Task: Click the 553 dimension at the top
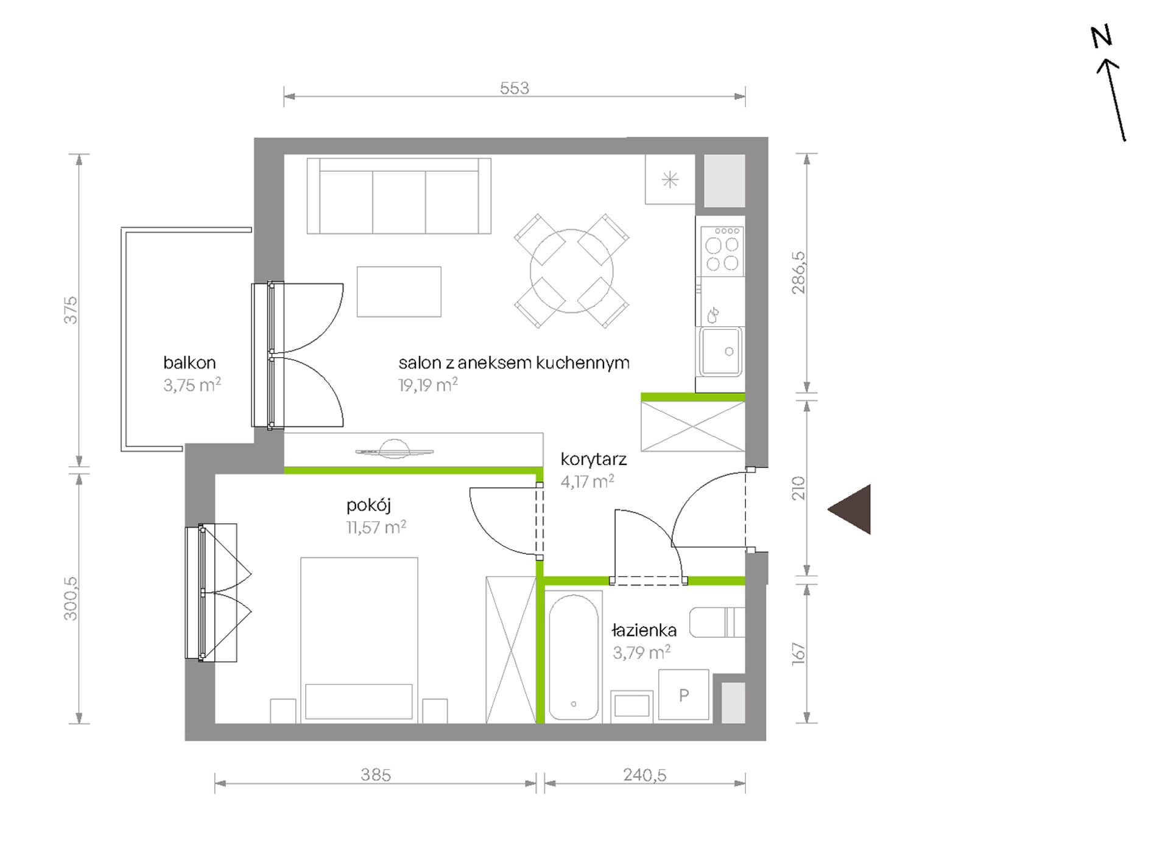[x=515, y=88]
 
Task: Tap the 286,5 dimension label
[x=798, y=273]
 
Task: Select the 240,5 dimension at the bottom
[x=645, y=775]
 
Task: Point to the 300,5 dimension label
[x=71, y=598]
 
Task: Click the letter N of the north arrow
[x=1101, y=37]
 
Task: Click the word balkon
[x=189, y=363]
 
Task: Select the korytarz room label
[x=593, y=459]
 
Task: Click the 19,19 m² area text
[x=428, y=385]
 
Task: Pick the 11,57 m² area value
[x=376, y=527]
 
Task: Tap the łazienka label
[x=644, y=631]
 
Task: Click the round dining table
[x=571, y=271]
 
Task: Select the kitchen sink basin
[x=721, y=352]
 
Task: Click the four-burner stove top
[x=722, y=250]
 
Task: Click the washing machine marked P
[x=684, y=695]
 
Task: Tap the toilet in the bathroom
[x=717, y=622]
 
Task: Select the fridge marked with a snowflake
[x=670, y=180]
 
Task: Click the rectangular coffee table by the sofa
[x=399, y=292]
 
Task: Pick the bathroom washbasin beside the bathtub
[x=631, y=706]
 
